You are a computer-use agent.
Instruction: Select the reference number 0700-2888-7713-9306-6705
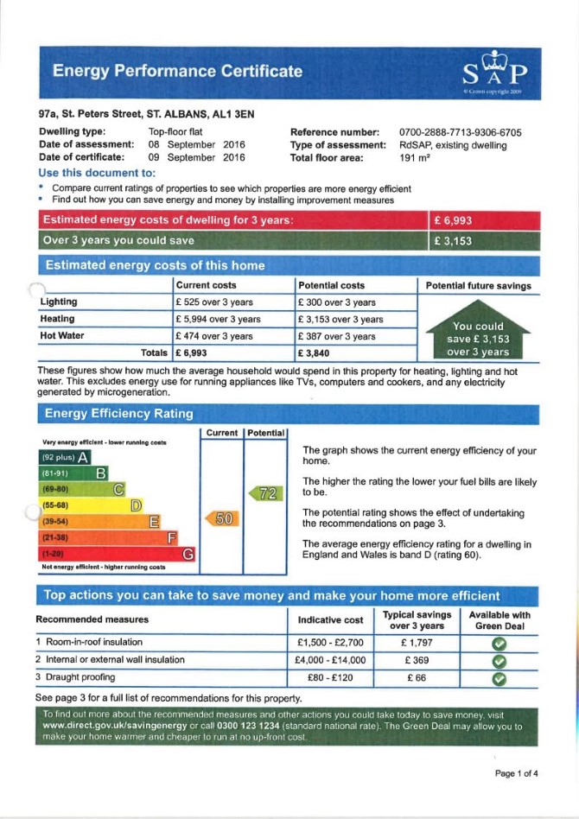(461, 132)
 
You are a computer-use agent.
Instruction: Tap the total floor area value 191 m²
(413, 158)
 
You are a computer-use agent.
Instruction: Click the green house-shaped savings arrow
(478, 331)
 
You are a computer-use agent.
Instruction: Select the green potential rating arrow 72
(266, 493)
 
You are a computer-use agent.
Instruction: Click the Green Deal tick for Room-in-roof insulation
(499, 644)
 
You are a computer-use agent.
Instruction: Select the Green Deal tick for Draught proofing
(499, 678)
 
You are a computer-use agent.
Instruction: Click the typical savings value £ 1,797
(417, 643)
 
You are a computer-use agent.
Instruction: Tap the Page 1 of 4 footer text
(516, 773)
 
